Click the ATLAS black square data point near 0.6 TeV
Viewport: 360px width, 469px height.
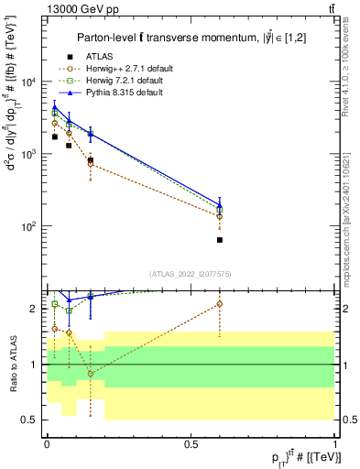point(220,240)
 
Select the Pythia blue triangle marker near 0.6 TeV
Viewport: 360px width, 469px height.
point(220,204)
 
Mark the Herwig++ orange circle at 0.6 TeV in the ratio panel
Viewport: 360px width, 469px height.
point(220,303)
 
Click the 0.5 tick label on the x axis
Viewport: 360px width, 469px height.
point(191,443)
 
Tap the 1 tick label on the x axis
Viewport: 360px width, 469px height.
point(335,443)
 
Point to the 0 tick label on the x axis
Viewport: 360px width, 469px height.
point(46,443)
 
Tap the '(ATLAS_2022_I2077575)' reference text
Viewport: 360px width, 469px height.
point(190,274)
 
